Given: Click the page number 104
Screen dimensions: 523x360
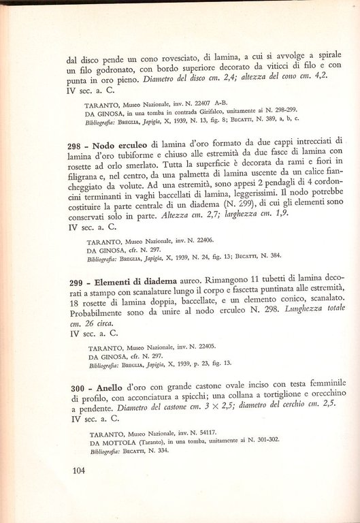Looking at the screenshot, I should [79, 469].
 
